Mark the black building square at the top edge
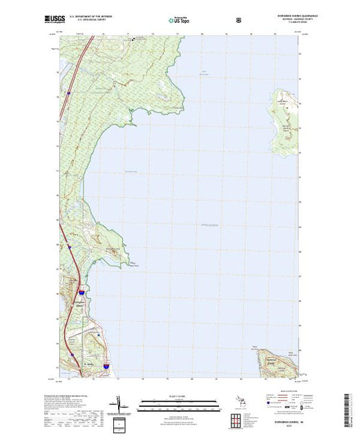134,39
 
